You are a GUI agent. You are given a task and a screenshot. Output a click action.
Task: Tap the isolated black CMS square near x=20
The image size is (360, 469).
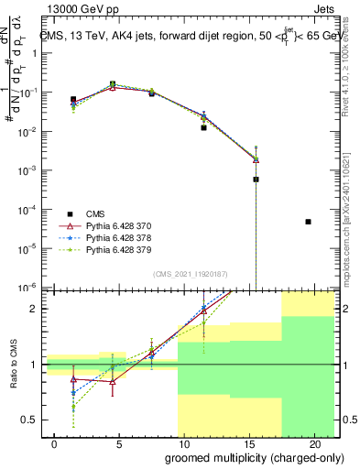(309, 222)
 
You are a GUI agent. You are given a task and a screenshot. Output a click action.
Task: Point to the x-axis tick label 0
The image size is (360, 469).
(55, 442)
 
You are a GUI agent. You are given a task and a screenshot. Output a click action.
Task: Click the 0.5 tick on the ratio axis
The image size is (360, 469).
(27, 420)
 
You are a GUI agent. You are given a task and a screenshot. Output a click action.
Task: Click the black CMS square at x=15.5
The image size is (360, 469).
(256, 180)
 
